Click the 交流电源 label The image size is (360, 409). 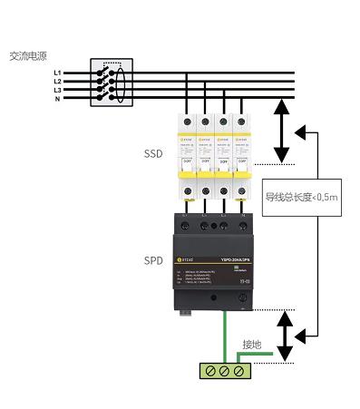pos(28,54)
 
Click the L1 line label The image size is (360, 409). pos(57,72)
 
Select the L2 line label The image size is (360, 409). pos(57,81)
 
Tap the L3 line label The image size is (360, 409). pos(57,90)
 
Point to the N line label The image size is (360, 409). pos(57,99)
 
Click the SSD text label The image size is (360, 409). pos(153,154)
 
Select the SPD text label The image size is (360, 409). pos(153,258)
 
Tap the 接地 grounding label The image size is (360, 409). pos(251,345)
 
